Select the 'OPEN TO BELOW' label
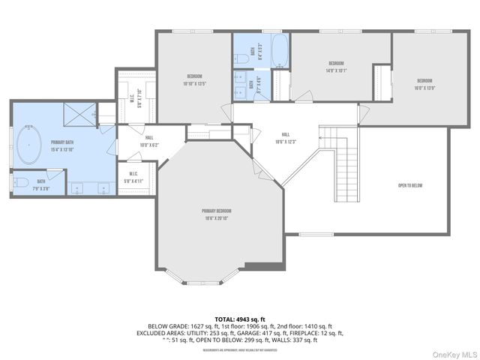(x=411, y=185)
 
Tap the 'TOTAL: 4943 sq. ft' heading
(x=240, y=319)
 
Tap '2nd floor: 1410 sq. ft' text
(x=305, y=326)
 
